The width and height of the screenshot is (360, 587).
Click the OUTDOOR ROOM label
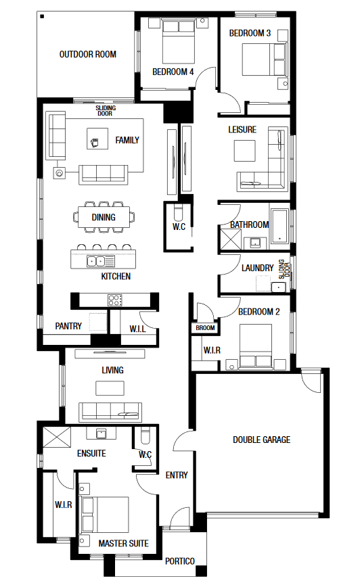pos(88,54)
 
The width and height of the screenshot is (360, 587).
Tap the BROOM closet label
pos(205,328)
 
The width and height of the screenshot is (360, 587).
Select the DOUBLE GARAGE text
pos(261,440)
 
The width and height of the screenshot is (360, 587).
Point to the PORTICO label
pos(180,561)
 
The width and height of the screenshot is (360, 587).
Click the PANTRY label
pos(68,326)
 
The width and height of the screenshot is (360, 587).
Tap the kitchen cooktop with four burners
pos(115,300)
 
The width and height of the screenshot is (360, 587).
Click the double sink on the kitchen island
pos(96,261)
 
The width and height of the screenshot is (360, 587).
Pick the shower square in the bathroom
pos(230,239)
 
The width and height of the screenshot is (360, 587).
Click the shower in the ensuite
pos(57,436)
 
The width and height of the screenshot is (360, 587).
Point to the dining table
pos(104,217)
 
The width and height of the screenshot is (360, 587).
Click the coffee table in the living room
pos(110,388)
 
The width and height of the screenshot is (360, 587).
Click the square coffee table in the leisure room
pos(244,151)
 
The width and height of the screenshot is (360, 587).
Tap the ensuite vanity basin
pos(101,433)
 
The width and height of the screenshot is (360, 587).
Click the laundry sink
pos(278,287)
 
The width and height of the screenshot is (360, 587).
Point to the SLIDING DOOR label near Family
pos(106,110)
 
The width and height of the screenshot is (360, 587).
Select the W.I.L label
pos(137,329)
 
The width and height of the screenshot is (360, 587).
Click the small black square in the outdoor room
pos(43,16)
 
